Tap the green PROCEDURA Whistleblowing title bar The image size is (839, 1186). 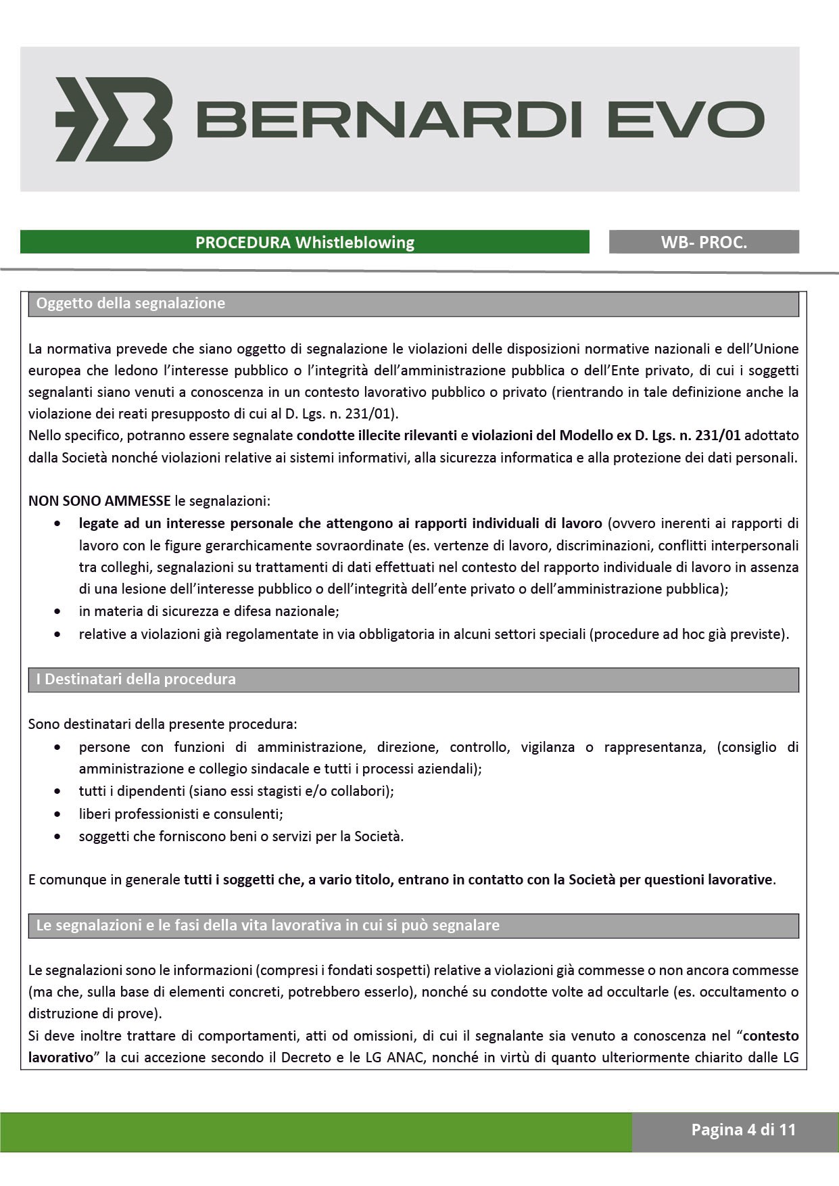(x=304, y=242)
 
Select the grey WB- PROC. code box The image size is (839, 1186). (x=704, y=242)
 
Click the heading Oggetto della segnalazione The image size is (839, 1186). (x=130, y=304)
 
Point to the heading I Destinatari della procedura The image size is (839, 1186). (x=136, y=680)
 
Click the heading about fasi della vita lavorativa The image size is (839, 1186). (x=268, y=926)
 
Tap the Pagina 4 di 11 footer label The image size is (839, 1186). (x=743, y=1130)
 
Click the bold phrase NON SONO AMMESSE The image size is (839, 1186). (x=99, y=501)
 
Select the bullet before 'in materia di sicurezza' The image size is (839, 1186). (x=59, y=612)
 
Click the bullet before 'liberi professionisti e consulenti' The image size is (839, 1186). (x=59, y=815)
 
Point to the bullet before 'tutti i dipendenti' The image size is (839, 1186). (x=59, y=791)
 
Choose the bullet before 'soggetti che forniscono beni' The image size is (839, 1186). (x=59, y=837)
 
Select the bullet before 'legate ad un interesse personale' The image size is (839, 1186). (x=59, y=524)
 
